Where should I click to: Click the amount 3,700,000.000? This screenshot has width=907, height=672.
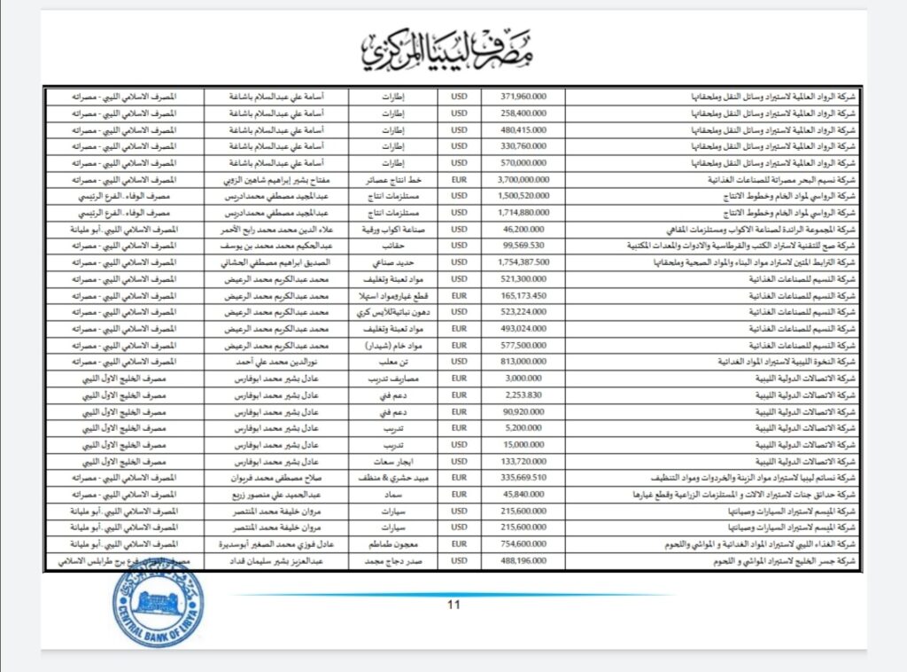tap(523, 178)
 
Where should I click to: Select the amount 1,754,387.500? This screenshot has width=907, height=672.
tap(523, 262)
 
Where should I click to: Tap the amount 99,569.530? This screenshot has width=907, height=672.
tap(523, 245)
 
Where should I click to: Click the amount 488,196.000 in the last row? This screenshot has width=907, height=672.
tap(523, 561)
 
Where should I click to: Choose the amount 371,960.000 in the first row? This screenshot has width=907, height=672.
tap(523, 96)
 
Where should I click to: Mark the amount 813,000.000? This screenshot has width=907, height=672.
tap(523, 362)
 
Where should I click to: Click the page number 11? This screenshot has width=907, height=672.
tap(453, 606)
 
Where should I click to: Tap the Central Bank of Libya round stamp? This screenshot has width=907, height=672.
tap(157, 604)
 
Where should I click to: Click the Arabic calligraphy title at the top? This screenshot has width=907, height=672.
tap(453, 49)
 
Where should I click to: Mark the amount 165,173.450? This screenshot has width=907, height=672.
tap(523, 295)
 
